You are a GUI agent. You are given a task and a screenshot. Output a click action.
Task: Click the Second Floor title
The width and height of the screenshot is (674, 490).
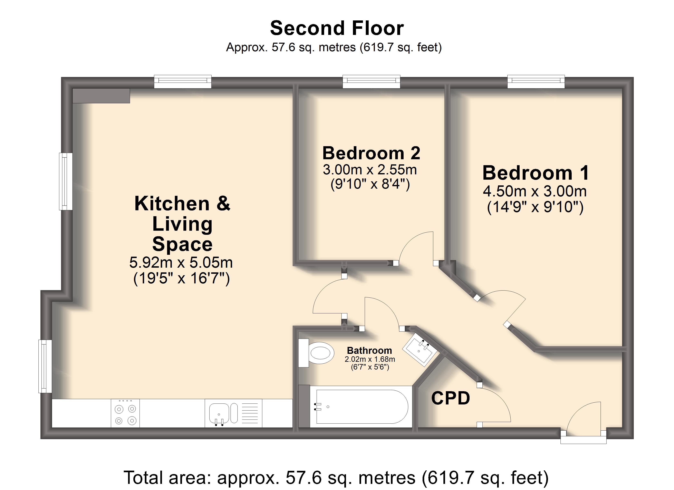click(337, 28)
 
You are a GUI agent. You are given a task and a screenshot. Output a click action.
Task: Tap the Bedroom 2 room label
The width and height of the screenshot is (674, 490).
click(371, 153)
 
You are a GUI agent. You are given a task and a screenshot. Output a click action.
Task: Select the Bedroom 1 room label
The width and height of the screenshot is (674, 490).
click(536, 173)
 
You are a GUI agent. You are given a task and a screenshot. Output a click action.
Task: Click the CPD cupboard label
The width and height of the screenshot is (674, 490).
click(451, 398)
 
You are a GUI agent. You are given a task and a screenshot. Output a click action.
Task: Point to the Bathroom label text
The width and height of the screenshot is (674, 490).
click(369, 350)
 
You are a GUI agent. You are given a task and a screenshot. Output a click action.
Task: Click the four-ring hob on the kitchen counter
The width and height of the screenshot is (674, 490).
click(125, 413)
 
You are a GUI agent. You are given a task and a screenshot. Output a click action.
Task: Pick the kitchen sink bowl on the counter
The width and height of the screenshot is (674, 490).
click(219, 413)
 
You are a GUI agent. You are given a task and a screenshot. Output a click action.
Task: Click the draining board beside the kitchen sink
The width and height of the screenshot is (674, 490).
click(250, 413)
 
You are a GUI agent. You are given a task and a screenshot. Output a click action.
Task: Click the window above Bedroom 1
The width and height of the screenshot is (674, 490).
click(536, 82)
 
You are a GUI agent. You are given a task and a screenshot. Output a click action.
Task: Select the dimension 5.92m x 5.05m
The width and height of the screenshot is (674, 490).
click(181, 262)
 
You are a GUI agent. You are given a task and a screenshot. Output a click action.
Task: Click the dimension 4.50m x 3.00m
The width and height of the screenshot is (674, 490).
click(535, 191)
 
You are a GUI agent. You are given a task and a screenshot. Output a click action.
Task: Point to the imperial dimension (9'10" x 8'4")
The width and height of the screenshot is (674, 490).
click(370, 184)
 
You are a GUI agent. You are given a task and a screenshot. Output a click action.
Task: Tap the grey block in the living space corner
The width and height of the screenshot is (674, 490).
click(101, 96)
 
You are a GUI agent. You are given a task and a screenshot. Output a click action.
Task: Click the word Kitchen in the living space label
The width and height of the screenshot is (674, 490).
click(172, 204)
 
